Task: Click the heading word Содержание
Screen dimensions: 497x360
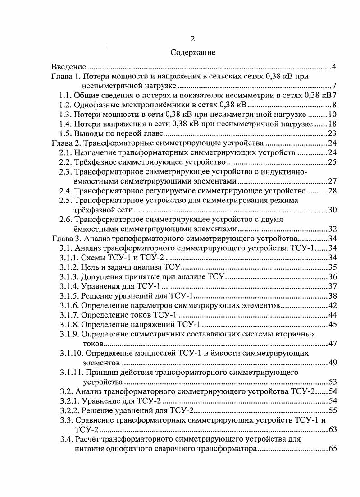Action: tap(193, 52)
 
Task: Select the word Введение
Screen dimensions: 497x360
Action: tap(68, 67)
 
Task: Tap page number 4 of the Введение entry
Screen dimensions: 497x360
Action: tap(334, 67)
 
